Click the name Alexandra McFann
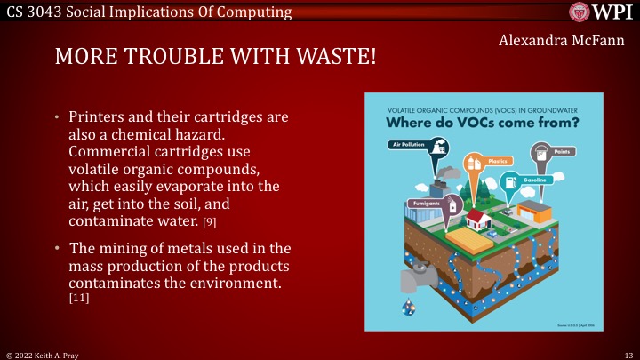[x=561, y=42]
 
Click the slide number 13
[x=628, y=354]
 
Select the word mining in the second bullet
[x=122, y=246]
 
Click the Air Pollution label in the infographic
[x=408, y=144]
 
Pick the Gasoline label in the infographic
[x=546, y=180]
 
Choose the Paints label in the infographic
[x=562, y=152]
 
